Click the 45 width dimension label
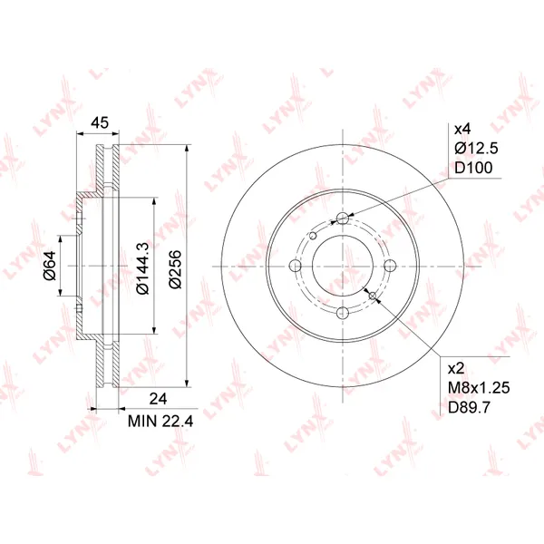coord(100,122)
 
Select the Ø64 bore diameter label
coord(50,265)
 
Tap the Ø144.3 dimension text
coord(142,268)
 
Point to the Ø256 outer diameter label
coord(175,269)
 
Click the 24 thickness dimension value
coord(158,399)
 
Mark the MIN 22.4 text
coord(160,422)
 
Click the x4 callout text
coord(462,130)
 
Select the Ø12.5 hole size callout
coord(476,149)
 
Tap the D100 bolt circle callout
coord(473,168)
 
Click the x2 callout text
coord(456,368)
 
